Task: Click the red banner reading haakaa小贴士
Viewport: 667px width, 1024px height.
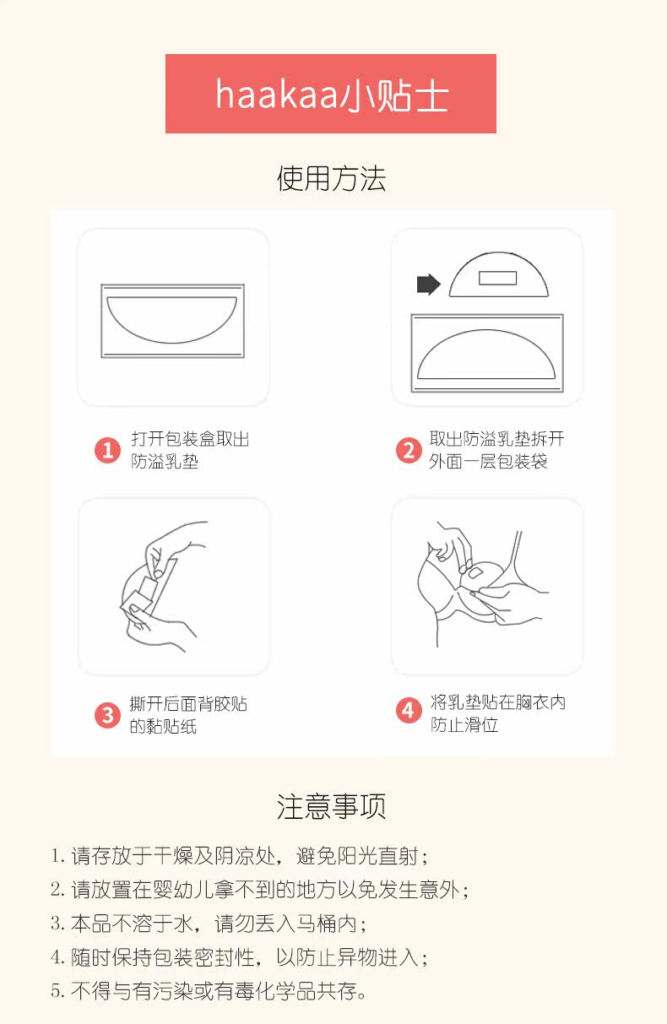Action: (x=330, y=94)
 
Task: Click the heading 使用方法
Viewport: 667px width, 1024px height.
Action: (x=331, y=178)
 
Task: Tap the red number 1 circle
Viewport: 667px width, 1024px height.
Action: (x=107, y=450)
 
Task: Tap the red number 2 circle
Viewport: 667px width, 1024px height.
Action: (x=409, y=450)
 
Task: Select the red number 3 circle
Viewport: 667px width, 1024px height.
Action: (x=107, y=715)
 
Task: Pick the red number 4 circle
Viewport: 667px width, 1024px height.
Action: (x=409, y=711)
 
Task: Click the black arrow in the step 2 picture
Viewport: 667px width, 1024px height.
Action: (x=429, y=284)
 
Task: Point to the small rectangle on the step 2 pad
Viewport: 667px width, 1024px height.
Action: (x=498, y=278)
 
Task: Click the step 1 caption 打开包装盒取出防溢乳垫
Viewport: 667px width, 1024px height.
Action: (x=190, y=450)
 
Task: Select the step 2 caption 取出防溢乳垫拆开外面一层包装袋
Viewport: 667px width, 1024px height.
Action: (x=496, y=450)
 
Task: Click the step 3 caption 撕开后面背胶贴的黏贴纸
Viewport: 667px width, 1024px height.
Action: (x=188, y=715)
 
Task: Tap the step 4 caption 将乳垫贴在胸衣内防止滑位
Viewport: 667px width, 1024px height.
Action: (x=498, y=713)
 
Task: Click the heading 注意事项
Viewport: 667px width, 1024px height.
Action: (x=331, y=806)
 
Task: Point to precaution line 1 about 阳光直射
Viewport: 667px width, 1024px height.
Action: (x=239, y=855)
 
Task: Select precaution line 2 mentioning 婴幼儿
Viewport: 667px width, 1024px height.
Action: (x=260, y=889)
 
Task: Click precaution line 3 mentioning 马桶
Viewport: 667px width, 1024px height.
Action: (x=209, y=923)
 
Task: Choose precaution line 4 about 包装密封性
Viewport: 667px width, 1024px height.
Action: (x=239, y=956)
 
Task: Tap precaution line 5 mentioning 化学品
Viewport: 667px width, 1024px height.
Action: (x=209, y=990)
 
